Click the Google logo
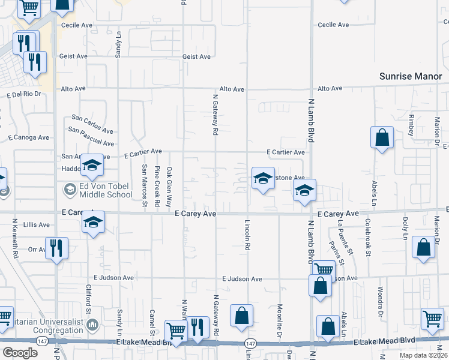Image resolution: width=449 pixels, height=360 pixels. [20, 352]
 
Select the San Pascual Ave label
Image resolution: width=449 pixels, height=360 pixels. [91, 137]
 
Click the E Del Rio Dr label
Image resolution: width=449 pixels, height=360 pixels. [23, 95]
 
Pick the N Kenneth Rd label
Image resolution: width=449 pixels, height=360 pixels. [16, 238]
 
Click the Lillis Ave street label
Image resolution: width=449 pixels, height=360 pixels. [35, 225]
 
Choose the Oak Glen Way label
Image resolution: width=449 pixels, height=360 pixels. [170, 185]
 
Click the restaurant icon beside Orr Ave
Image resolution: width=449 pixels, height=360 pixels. [56, 248]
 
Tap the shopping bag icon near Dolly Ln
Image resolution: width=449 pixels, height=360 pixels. [424, 248]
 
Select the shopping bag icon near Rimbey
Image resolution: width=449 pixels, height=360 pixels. [382, 138]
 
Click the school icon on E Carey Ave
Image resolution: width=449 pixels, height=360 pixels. [93, 221]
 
